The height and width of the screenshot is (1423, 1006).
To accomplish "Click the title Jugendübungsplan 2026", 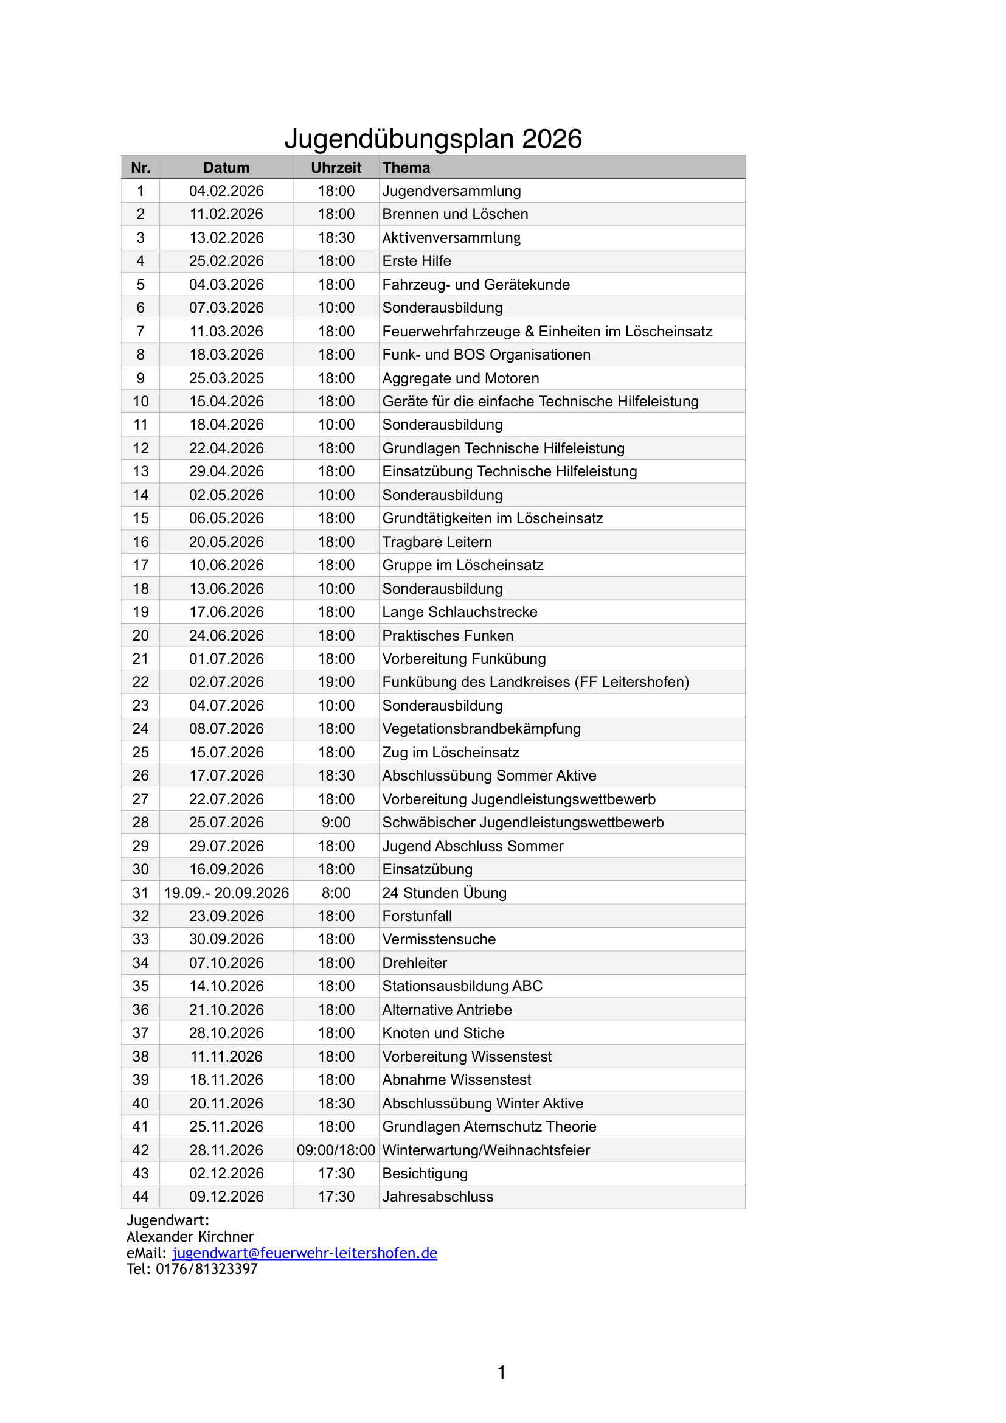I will pos(433,139).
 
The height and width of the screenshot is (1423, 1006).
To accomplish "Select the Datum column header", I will pos(226,168).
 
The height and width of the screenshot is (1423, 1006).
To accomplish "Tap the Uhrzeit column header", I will pos(336,168).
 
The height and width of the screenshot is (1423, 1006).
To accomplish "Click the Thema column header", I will pos(406,168).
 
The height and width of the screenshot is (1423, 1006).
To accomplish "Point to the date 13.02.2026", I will pos(226,238).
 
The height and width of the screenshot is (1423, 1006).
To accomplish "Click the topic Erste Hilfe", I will pos(416,261).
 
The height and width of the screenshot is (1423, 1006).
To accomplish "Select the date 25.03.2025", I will pos(226,378).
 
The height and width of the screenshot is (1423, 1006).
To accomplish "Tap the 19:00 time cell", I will pos(336,682).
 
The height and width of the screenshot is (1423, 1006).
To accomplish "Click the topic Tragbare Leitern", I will pos(437,541).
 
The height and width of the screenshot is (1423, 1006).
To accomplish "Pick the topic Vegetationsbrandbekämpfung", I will pos(481,729).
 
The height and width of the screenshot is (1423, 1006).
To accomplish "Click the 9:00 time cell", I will pos(336,823).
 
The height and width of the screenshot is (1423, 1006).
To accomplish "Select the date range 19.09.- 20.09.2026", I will pos(226,893).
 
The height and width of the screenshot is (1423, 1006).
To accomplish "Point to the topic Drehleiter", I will pos(414,963).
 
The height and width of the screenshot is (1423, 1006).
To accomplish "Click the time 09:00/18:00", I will pos(336,1150).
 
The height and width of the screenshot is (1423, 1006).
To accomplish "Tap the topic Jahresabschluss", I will pos(437,1197).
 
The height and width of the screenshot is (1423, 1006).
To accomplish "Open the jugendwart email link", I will pos(304,1253).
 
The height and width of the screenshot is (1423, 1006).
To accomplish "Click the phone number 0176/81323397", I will pos(206,1268).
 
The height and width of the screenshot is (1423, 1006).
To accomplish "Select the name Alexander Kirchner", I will pos(190,1236).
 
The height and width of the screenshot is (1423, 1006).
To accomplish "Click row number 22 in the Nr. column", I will pos(140,682).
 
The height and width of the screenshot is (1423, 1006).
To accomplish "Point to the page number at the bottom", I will pos(502,1373).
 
